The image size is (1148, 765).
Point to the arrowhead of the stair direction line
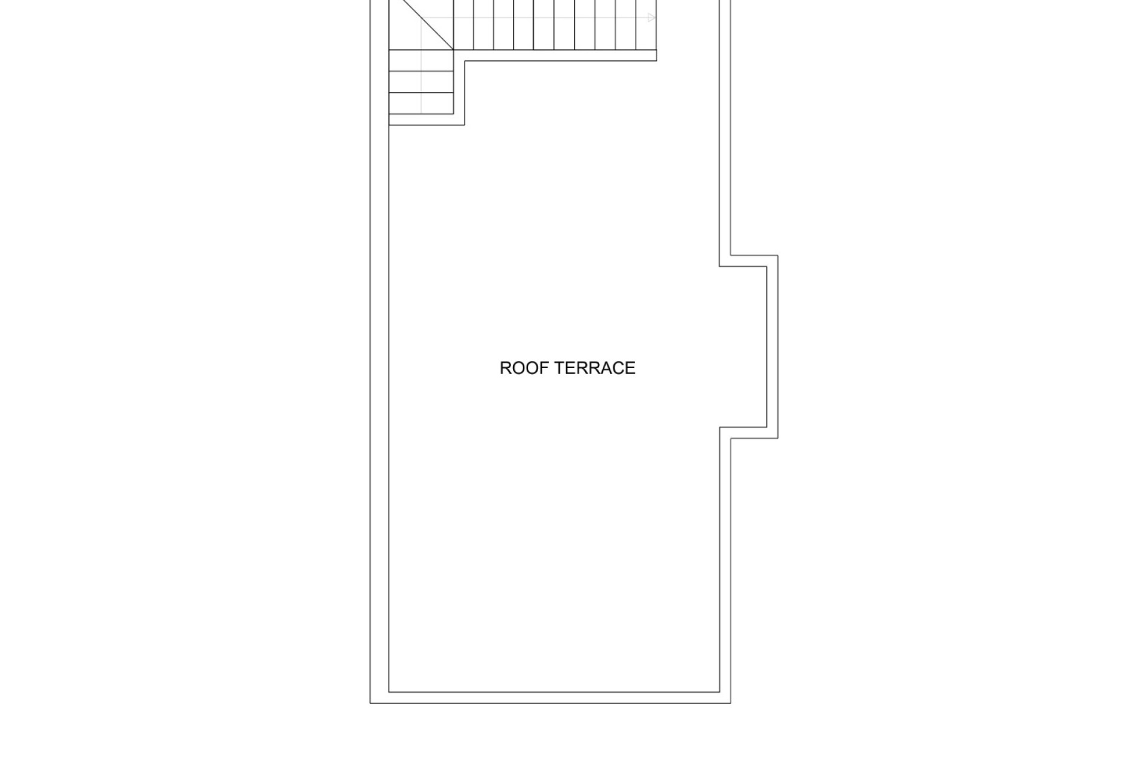pyautogui.click(x=652, y=18)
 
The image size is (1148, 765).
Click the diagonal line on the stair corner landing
pyautogui.click(x=421, y=25)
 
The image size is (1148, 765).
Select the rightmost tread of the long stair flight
pyautogui.click(x=646, y=25)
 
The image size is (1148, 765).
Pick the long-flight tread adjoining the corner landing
pyautogui.click(x=463, y=25)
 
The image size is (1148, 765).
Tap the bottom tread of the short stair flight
pyautogui.click(x=421, y=103)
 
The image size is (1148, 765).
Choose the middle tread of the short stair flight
pyautogui.click(x=421, y=82)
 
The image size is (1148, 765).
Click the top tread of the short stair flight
pyautogui.click(x=421, y=60)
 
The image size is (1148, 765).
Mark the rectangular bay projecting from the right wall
pyautogui.click(x=749, y=347)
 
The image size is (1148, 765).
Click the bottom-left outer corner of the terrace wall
pyautogui.click(x=371, y=703)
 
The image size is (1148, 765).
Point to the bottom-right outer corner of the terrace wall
pyautogui.click(x=731, y=703)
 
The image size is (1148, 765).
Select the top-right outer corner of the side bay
pyautogui.click(x=778, y=255)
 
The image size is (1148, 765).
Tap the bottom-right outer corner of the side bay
pyautogui.click(x=778, y=438)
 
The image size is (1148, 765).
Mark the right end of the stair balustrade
pyautogui.click(x=657, y=55)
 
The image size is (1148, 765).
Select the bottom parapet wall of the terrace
pyautogui.click(x=551, y=697)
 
